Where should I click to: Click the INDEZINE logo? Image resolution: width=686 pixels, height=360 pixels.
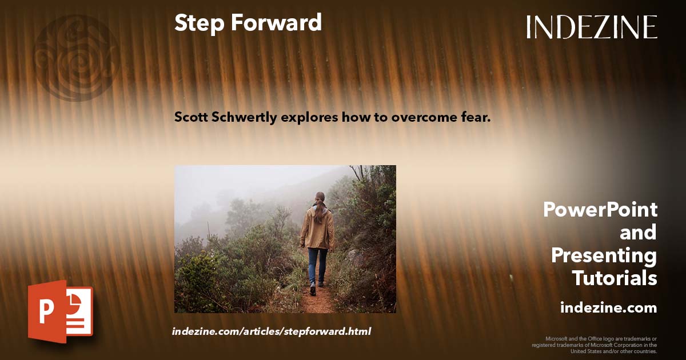[x=592, y=27]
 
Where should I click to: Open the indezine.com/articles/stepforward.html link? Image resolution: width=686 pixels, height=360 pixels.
[x=272, y=331]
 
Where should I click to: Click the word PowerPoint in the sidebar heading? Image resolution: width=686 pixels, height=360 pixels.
[x=600, y=210]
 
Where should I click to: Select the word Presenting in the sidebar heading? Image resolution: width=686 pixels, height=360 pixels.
[x=604, y=255]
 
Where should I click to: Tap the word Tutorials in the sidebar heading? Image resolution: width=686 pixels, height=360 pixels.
[x=615, y=278]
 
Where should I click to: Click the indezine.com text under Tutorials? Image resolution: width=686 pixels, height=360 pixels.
[x=608, y=308]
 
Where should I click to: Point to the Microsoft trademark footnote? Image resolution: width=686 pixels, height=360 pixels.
[x=595, y=345]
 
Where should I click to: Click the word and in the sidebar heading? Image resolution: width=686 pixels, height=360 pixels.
[x=638, y=233]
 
